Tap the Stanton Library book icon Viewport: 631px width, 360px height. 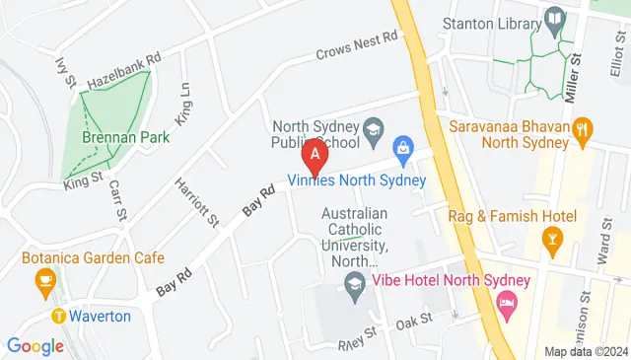click(x=555, y=19)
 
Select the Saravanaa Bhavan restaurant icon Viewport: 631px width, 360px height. click(x=583, y=127)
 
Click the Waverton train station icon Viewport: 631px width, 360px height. click(x=59, y=317)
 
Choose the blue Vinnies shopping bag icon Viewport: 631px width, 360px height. click(x=402, y=149)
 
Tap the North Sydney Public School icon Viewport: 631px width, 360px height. click(x=373, y=127)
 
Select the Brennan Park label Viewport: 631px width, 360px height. click(x=125, y=137)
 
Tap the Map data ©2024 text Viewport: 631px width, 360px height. click(x=586, y=351)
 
